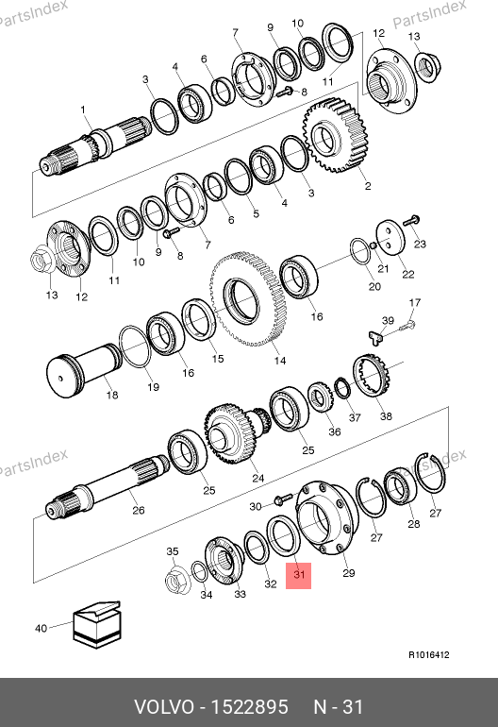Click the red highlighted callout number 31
pos(298,575)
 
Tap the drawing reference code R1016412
pos(428,655)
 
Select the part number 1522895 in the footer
pos(249,707)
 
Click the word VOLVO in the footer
pos(164,707)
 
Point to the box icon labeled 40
pos(97,624)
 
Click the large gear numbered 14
pos(247,299)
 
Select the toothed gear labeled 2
pos(335,134)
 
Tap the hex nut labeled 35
pos(178,578)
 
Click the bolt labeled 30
pos(283,499)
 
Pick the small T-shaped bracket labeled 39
pos(377,336)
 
